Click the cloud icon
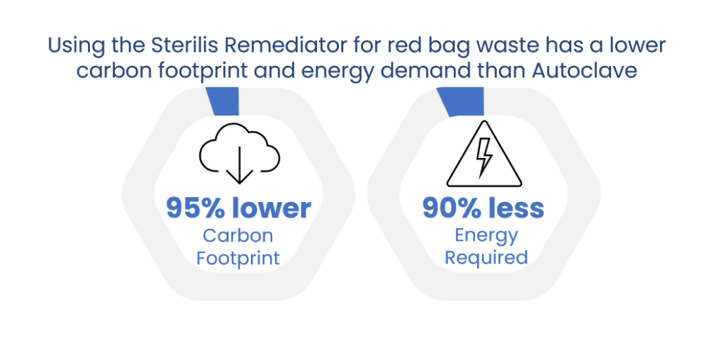point(240,147)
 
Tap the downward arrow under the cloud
point(240,165)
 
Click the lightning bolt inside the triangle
point(484,157)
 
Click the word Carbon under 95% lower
point(238,236)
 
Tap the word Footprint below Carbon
point(238,258)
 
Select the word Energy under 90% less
point(486,236)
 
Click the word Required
point(486,258)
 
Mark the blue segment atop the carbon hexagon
point(224,101)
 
